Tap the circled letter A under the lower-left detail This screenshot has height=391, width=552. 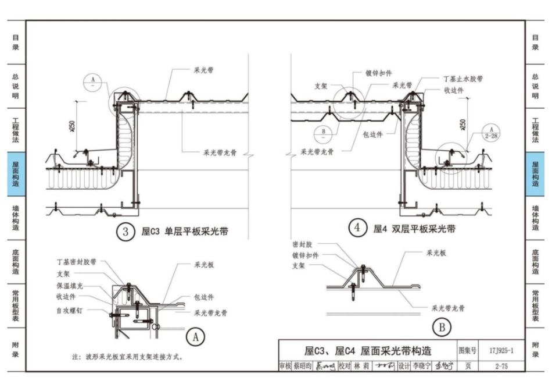click(196, 337)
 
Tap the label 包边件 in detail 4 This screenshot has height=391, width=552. click(372, 134)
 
